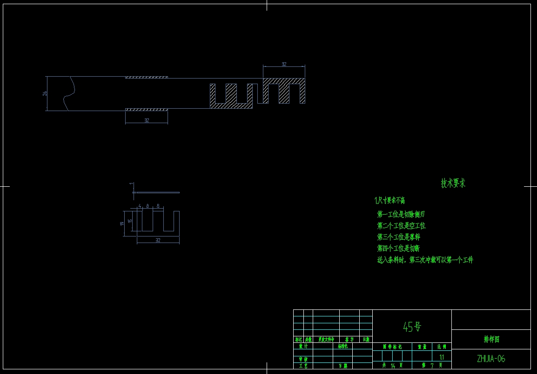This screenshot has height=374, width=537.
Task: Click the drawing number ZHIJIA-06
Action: coord(491,359)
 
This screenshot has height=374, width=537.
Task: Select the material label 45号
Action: coord(412,327)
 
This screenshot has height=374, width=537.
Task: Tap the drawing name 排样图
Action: coord(491,340)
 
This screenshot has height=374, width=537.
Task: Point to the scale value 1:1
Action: coord(442,356)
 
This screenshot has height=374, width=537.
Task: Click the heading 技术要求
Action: coord(453,183)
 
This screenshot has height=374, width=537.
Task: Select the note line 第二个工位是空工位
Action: coord(401,226)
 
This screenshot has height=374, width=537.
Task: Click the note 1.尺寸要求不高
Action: coord(389,201)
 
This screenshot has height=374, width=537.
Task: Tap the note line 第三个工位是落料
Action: coord(398,237)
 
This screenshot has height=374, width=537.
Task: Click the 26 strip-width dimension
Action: coord(45,93)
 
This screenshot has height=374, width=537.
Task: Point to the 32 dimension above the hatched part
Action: coord(284,64)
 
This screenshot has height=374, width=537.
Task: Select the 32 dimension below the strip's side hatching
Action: coord(146,120)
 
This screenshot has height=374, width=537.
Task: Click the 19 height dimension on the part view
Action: coord(122,223)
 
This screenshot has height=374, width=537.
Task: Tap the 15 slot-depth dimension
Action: coord(130,221)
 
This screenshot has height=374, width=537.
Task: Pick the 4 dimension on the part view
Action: coord(140,205)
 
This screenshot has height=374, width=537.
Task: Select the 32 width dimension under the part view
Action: coord(158,240)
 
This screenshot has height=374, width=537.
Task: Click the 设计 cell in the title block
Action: coord(303,346)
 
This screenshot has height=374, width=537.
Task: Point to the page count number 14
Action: coord(393,366)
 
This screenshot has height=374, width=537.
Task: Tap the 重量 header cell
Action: coord(422,347)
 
